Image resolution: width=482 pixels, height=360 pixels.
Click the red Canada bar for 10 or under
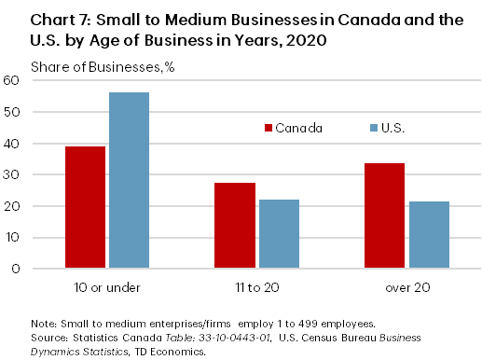[x=85, y=207]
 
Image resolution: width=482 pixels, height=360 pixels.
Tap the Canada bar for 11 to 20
[x=235, y=226]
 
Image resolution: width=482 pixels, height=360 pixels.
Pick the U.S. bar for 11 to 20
[x=279, y=234]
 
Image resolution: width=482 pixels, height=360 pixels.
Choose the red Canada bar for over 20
[x=386, y=215]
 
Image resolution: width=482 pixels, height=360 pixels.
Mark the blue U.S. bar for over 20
[x=429, y=235]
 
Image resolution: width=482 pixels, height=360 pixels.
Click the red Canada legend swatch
[x=268, y=128]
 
